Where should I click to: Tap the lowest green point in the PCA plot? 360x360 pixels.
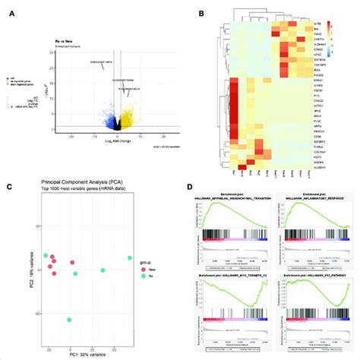pyautogui.click(x=69, y=320)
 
